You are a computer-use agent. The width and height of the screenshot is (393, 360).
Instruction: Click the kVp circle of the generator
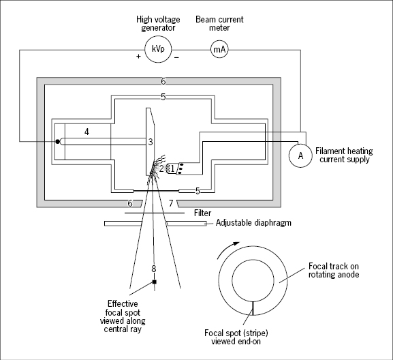158,49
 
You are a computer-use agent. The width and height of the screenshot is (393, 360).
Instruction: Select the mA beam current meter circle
219,49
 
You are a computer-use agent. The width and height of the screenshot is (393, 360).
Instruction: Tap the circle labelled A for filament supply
300,155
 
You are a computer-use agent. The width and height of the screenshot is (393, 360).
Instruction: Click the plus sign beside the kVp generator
138,57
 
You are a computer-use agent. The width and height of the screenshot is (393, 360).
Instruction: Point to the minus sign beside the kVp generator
176,58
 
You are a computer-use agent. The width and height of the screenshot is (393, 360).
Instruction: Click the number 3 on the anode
151,142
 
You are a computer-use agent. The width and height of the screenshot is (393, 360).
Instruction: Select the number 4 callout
87,132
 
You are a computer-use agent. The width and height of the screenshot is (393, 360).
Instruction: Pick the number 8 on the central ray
154,269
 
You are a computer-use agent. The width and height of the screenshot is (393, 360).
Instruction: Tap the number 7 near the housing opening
171,203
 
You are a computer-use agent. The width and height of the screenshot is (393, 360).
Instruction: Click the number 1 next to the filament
172,168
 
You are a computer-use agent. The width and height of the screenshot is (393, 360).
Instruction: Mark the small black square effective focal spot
155,282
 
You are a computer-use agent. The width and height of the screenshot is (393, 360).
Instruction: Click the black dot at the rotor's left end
58,142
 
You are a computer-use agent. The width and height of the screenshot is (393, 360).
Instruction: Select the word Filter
202,213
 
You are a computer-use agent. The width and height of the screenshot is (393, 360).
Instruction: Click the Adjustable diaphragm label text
253,222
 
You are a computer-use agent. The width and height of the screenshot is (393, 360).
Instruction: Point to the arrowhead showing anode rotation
236,243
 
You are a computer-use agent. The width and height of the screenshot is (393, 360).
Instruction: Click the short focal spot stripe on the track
253,308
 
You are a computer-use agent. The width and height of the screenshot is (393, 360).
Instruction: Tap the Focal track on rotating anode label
334,270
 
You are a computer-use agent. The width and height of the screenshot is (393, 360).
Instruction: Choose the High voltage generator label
158,24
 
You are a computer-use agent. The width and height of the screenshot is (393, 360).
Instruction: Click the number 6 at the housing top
163,81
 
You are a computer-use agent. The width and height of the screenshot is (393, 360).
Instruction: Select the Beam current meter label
219,23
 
